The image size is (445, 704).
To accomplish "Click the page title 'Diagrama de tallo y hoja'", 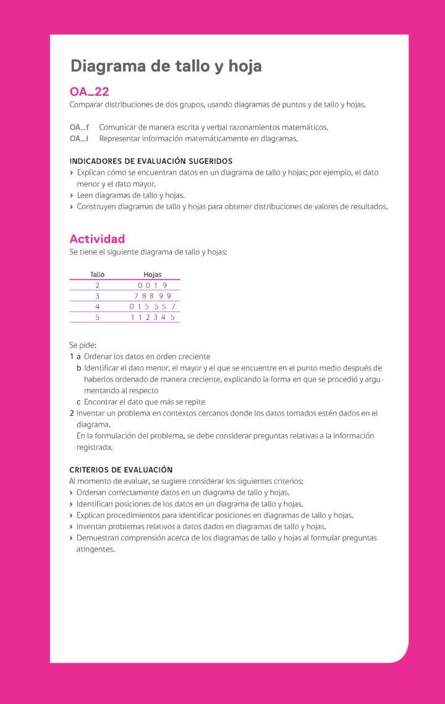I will point(166,66).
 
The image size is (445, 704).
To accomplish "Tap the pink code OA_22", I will point(89,92).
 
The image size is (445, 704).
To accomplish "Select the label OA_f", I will point(79,127).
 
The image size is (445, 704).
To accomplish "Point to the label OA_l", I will point(78,138).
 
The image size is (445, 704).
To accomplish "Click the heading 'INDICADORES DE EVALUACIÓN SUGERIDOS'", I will point(151,161).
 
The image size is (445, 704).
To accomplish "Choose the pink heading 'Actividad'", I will point(97,239).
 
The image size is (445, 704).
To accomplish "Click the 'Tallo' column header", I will point(97,274).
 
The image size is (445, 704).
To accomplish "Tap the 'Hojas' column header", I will point(152,274).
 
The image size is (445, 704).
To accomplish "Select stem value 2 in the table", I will point(97,285).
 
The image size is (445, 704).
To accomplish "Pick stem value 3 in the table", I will point(97,296).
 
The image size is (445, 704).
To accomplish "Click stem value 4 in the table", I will point(97,306).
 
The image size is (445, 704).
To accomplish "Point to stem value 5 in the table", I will point(97,317).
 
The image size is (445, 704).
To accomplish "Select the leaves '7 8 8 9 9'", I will point(152,296).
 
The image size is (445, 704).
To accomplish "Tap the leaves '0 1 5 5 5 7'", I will point(152,306).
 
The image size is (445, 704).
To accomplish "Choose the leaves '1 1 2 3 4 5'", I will point(152,317).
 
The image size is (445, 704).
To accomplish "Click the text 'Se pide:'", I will point(83,345).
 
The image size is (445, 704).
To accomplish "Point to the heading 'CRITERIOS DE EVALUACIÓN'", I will point(121,470).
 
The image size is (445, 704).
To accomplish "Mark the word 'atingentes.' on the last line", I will point(96,549).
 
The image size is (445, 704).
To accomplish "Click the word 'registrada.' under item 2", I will point(95,447).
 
